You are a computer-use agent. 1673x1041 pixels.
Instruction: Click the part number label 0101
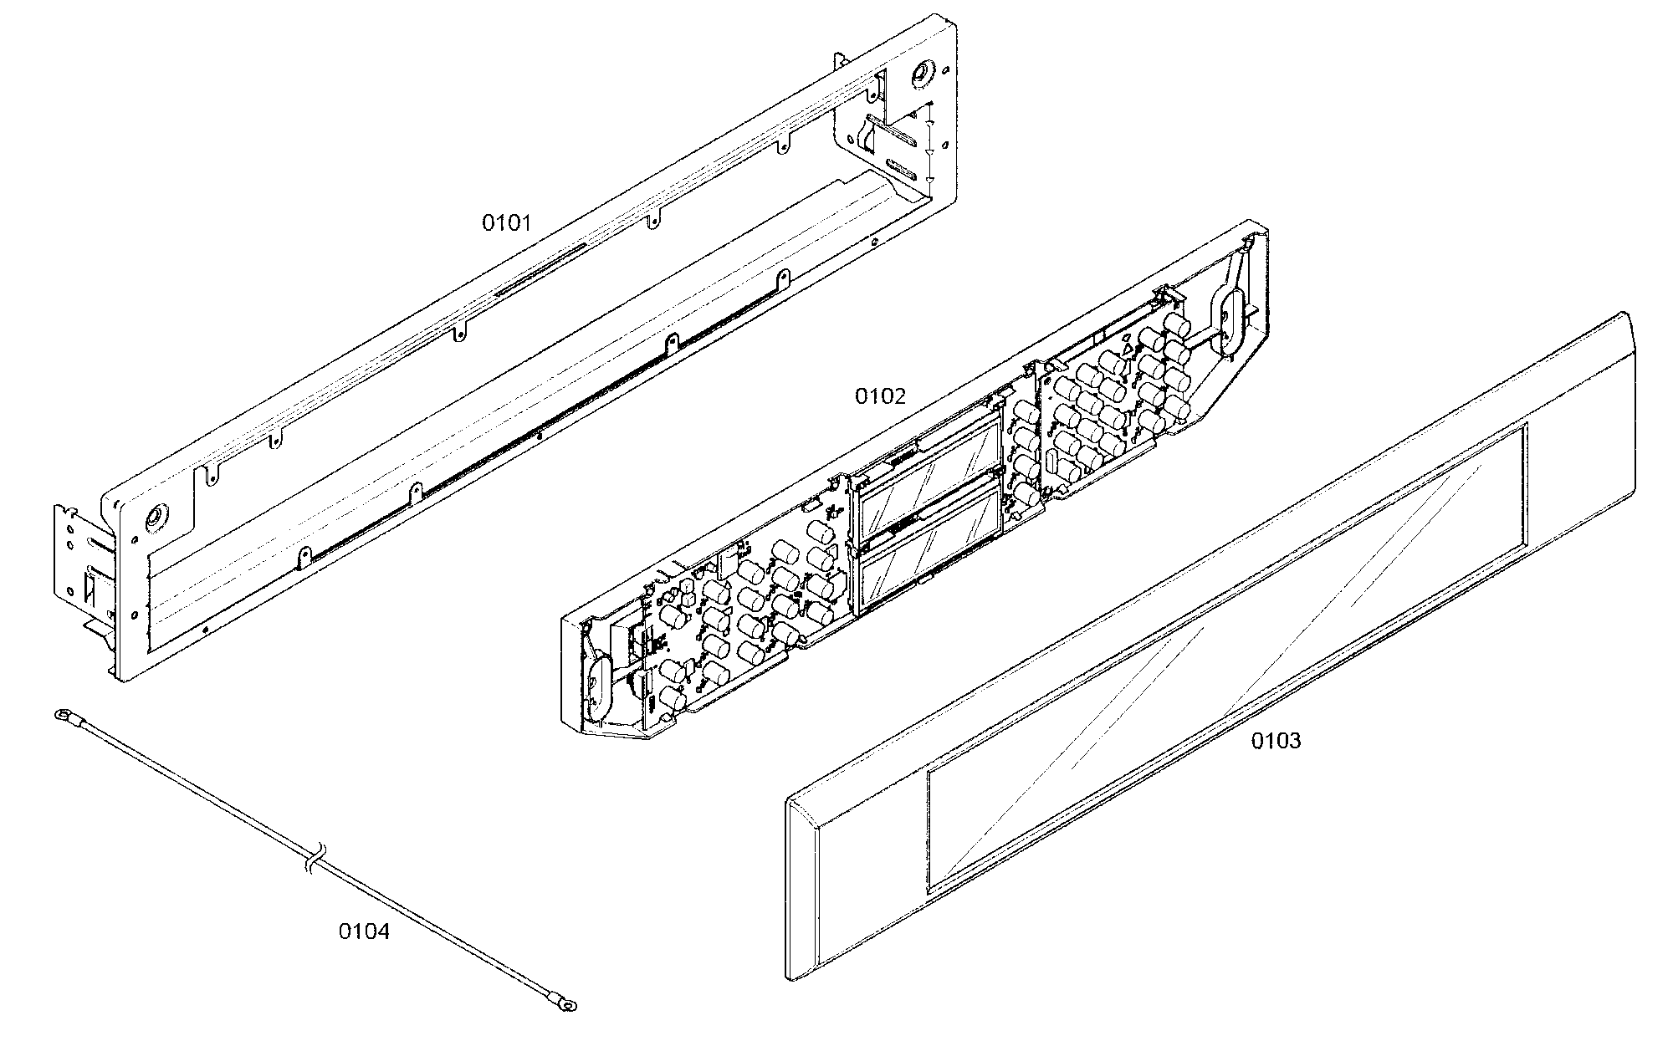(506, 222)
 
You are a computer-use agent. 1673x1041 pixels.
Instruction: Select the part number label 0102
(880, 395)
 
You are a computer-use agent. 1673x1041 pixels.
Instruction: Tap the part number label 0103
(1276, 741)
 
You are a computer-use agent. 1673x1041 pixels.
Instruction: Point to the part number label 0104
(364, 931)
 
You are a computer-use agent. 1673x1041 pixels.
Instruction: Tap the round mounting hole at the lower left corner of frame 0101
(153, 519)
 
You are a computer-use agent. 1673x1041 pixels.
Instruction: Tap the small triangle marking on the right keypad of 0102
(1127, 349)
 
